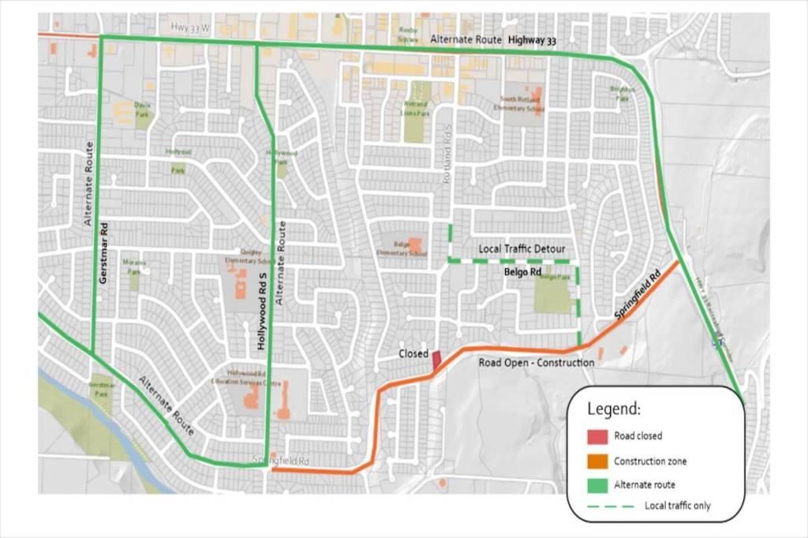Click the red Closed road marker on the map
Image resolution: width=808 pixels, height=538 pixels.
tap(436, 360)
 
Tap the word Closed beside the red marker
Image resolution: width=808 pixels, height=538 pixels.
tap(413, 354)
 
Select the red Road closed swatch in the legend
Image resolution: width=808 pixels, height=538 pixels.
tap(598, 435)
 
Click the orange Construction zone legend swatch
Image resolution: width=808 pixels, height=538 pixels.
tap(598, 461)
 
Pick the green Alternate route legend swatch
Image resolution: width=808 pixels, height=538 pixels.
tap(598, 484)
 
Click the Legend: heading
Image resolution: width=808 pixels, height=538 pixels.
tap(614, 409)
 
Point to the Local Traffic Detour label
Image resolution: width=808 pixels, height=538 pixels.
tap(522, 249)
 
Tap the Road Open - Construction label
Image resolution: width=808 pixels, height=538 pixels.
tap(536, 362)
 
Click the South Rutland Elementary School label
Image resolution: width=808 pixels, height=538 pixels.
tap(522, 103)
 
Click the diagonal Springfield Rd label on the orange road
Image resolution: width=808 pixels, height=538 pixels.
tap(637, 296)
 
